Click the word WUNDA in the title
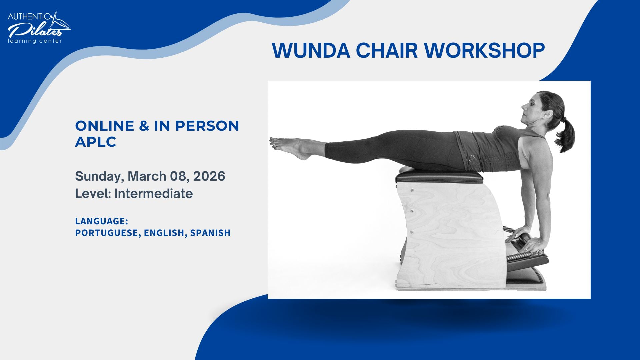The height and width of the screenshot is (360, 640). (311, 51)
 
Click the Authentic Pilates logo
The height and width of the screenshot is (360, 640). (39, 28)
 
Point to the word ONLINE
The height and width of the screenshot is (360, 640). (105, 126)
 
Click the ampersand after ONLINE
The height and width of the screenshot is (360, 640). (144, 126)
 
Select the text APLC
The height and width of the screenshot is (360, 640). (96, 142)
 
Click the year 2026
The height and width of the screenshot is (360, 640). (209, 176)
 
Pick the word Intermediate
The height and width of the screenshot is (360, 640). (153, 194)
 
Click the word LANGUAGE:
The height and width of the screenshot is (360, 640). (102, 221)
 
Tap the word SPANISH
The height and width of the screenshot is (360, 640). (210, 233)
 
